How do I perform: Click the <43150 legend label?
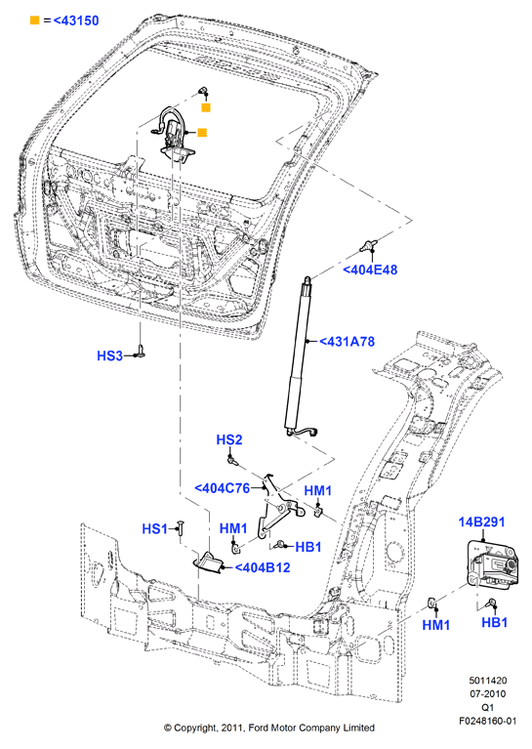[76, 21]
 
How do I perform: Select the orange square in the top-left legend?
[35, 21]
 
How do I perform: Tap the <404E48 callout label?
[370, 270]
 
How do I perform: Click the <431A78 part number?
[347, 342]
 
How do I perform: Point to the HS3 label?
[110, 355]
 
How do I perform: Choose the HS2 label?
[229, 439]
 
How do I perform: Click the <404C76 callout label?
[222, 488]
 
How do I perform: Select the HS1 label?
[155, 528]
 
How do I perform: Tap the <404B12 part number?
[263, 567]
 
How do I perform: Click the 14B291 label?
[481, 522]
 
